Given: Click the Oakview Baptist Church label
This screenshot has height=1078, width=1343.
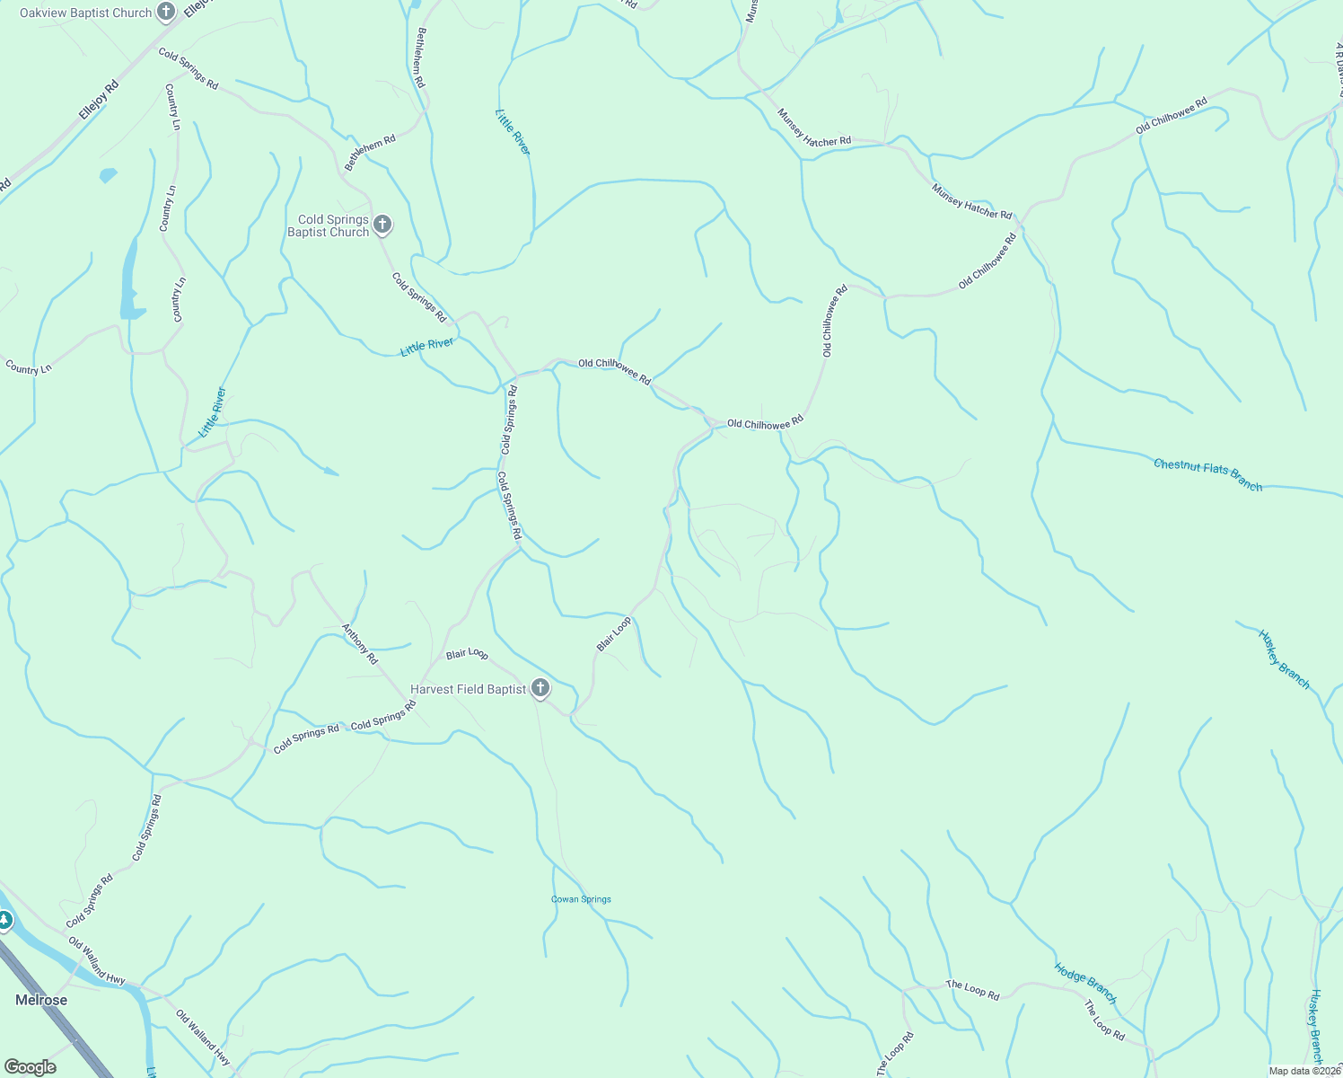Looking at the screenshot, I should pos(85,13).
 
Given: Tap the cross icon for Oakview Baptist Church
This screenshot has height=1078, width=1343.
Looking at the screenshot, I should pos(166,13).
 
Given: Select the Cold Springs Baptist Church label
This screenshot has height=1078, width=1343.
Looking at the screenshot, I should pos(328,225).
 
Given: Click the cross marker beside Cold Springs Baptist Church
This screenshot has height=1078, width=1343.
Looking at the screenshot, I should pos(382,224).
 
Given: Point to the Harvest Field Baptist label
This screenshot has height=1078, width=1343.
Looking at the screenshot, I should pos(468,689).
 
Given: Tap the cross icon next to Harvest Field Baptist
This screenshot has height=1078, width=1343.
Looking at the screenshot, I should pos(540,689).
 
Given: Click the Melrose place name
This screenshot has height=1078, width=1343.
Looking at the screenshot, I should pos(41,1000).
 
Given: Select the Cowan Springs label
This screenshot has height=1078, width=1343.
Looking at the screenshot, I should pos(581,899).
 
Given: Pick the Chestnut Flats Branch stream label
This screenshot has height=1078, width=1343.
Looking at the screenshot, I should pos(1207,474).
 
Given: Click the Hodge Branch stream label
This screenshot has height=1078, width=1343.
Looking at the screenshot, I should pos(1085,983).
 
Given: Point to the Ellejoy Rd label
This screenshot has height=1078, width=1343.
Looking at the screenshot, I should pos(98,101).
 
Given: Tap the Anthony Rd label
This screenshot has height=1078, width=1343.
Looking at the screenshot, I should pos(360,643).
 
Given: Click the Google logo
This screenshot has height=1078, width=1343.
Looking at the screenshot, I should pos(31,1067).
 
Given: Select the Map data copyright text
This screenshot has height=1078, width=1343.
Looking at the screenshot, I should pos(1304,1071).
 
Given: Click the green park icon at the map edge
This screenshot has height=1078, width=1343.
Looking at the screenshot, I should pos(4,921).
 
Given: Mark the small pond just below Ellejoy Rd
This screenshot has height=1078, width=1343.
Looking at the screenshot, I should pos(108,175).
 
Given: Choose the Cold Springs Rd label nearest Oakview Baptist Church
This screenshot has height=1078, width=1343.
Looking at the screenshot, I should pos(189,68).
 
